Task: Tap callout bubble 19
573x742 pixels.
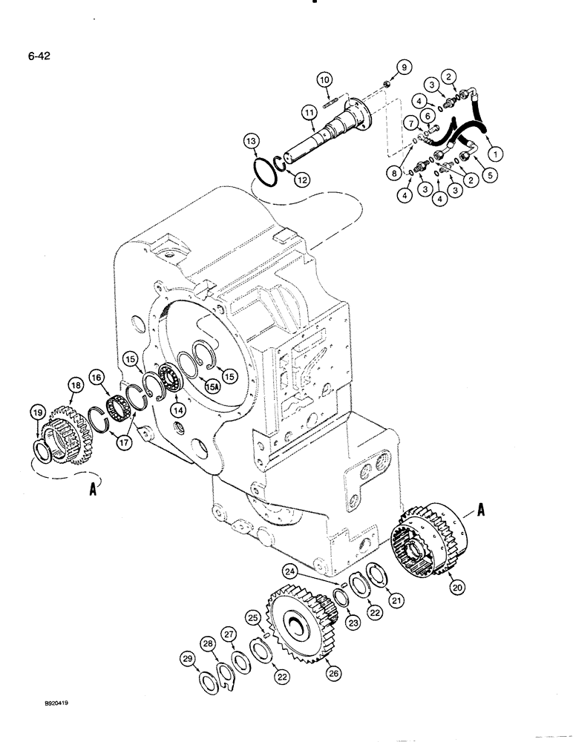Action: click(36, 413)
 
